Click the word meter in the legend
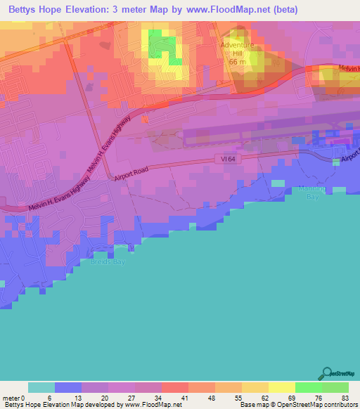click(11, 398)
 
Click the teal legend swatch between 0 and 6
click(41, 387)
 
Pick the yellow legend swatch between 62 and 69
click(282, 387)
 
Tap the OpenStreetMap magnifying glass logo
click(326, 373)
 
